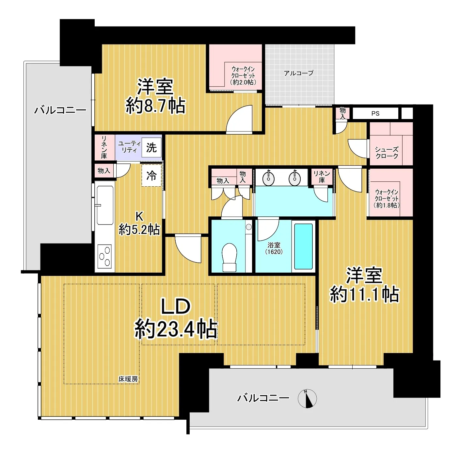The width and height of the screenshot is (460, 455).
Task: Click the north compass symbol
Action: click(307, 398)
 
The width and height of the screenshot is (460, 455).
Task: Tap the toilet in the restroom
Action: click(229, 257)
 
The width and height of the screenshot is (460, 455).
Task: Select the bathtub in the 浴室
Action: click(303, 246)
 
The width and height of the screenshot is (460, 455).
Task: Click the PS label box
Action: click(375, 113)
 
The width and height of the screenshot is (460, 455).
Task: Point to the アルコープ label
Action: click(298, 73)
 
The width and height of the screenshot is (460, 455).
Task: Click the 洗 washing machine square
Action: click(151, 147)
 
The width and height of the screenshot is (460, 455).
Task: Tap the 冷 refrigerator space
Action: click(151, 176)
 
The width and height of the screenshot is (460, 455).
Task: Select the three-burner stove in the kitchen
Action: click(105, 256)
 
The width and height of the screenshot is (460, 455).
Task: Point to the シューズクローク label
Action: click(387, 153)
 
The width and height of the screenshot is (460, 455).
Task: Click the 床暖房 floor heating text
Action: click(128, 379)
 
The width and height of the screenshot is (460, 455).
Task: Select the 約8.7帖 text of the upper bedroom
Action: click(155, 106)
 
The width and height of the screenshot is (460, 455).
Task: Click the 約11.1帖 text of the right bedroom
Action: click(364, 294)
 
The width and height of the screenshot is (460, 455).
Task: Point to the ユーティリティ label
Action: click(129, 147)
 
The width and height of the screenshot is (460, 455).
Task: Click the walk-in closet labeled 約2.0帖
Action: click(243, 76)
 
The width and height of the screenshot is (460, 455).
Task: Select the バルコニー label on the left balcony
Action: click(60, 110)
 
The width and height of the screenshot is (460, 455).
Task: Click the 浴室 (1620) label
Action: click(274, 248)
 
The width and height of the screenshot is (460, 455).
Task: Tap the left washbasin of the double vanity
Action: click(269, 178)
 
